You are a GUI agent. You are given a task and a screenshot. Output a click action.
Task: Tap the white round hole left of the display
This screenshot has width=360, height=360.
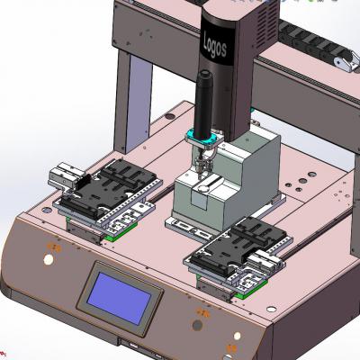coord(47,259)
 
